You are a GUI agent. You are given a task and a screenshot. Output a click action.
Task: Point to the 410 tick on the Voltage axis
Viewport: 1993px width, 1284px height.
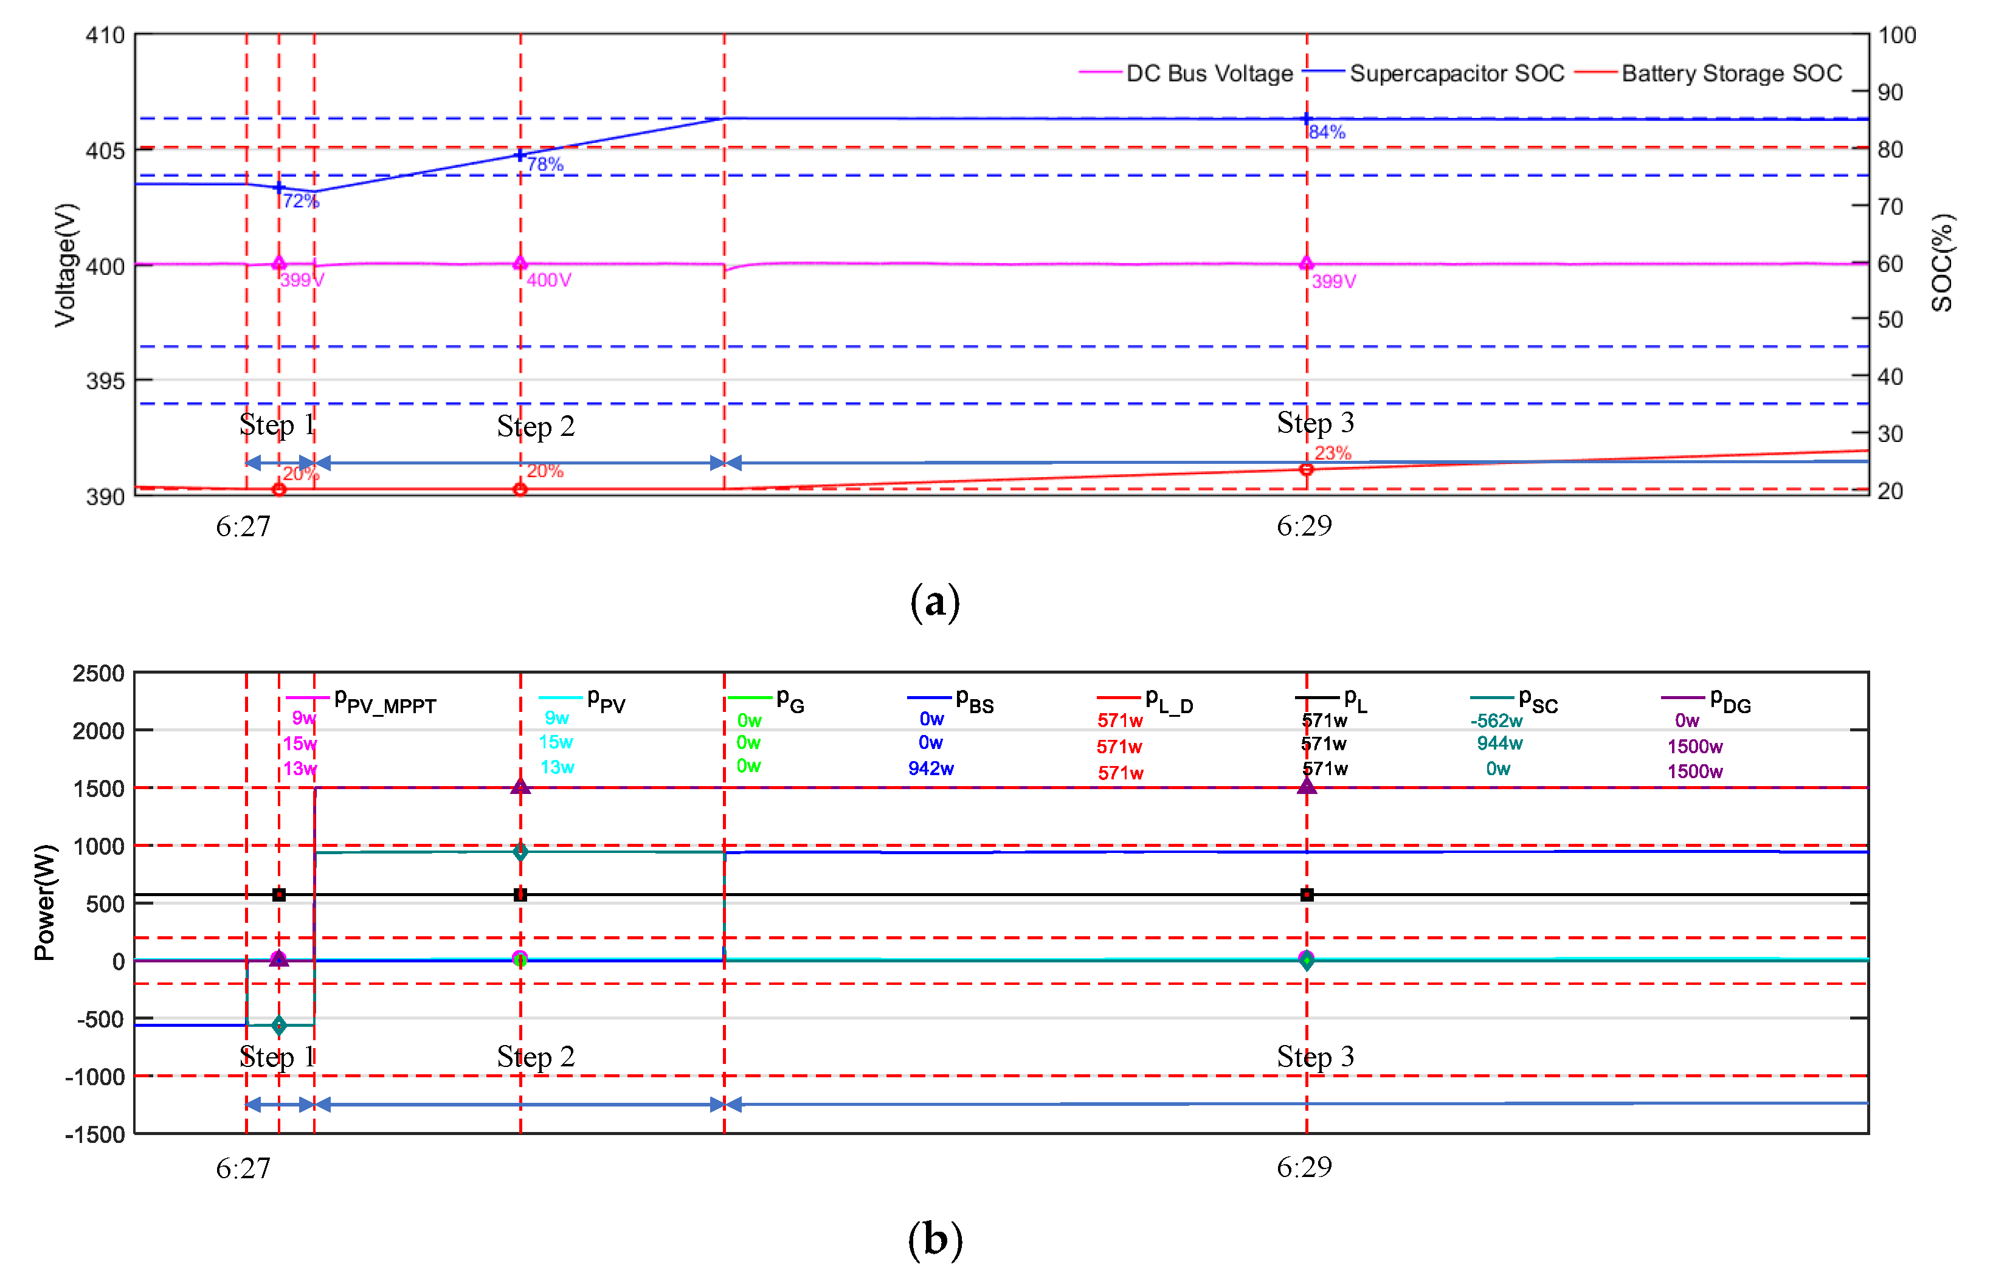pyautogui.click(x=105, y=35)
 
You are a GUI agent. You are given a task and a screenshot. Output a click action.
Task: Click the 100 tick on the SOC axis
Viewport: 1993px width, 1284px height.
pyautogui.click(x=1896, y=35)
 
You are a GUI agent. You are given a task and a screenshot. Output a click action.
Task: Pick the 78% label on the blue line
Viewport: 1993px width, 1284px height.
pyautogui.click(x=545, y=164)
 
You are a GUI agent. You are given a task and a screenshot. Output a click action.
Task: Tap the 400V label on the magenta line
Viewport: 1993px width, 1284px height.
pyautogui.click(x=548, y=280)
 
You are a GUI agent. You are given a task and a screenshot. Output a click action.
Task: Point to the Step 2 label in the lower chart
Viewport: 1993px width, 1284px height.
pyautogui.click(x=536, y=1057)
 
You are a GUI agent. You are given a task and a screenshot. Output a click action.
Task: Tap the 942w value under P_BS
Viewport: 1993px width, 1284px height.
pyautogui.click(x=931, y=768)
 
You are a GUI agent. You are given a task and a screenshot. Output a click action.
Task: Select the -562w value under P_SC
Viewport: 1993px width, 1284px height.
pyautogui.click(x=1496, y=720)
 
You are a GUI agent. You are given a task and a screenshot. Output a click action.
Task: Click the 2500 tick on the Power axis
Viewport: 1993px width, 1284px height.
pyautogui.click(x=98, y=673)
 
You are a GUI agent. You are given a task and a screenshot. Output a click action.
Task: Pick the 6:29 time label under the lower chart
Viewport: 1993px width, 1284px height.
pyautogui.click(x=1304, y=1167)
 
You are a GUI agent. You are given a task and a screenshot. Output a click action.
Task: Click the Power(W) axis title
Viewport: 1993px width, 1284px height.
pyautogui.click(x=45, y=902)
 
